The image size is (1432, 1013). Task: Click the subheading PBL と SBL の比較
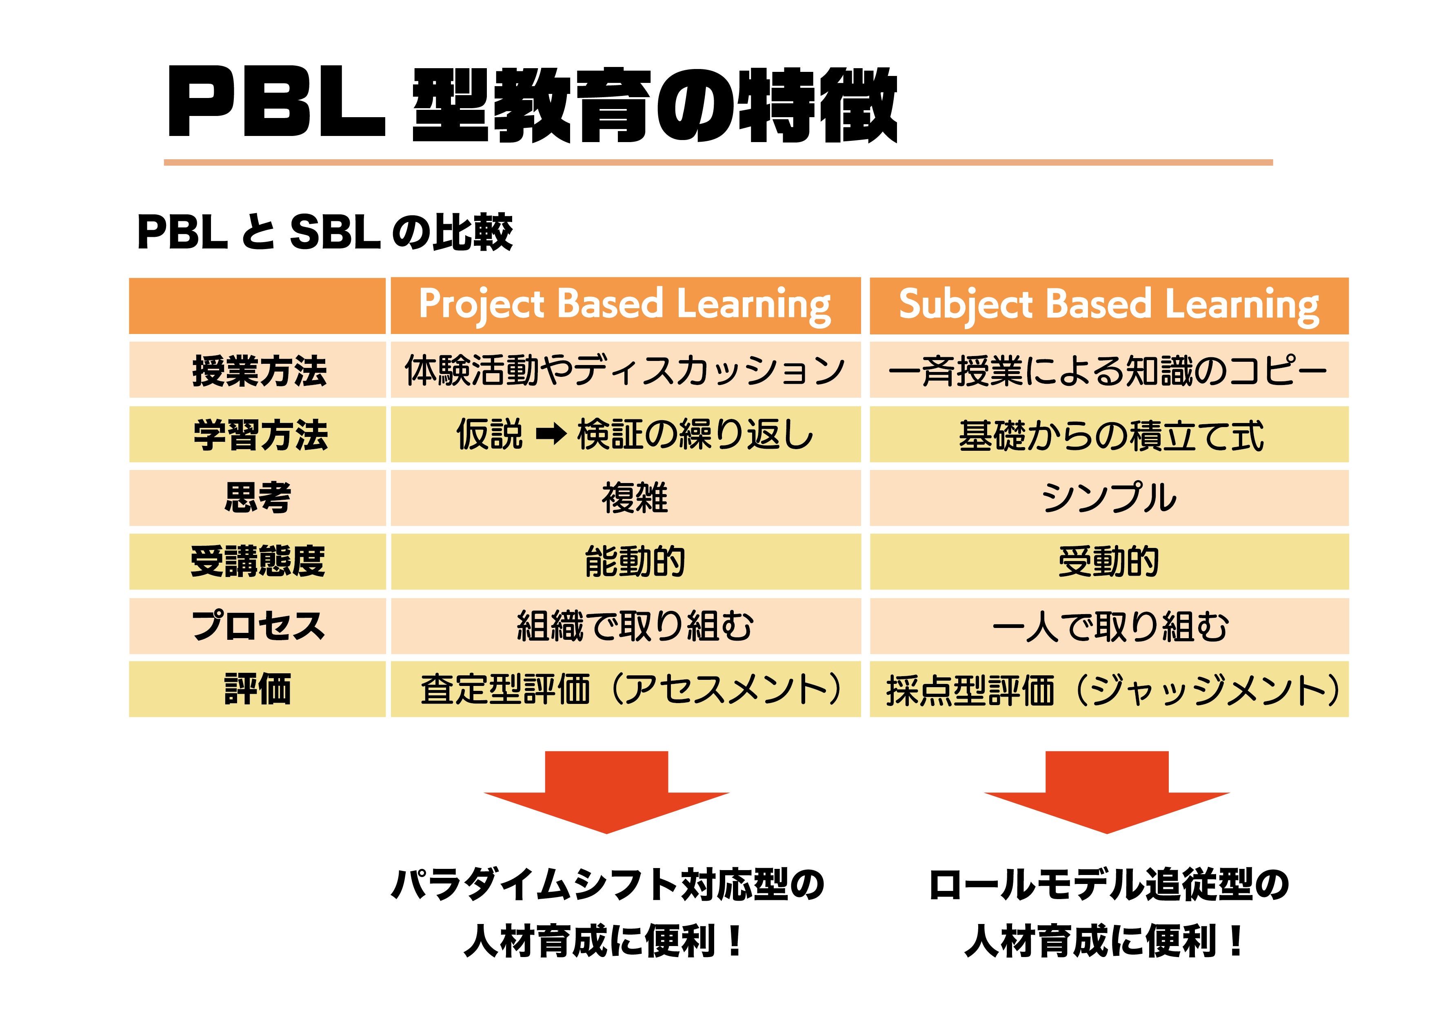324,232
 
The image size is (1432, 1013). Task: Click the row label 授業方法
259,371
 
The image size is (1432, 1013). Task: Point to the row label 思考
258,498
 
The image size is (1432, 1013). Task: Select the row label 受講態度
258,562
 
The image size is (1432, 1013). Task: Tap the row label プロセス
258,626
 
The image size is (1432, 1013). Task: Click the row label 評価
258,690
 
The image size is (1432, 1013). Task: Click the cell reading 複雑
634,498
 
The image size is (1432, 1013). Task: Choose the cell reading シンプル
1108,498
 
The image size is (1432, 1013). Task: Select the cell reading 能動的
634,562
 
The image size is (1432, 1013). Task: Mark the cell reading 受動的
1108,562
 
